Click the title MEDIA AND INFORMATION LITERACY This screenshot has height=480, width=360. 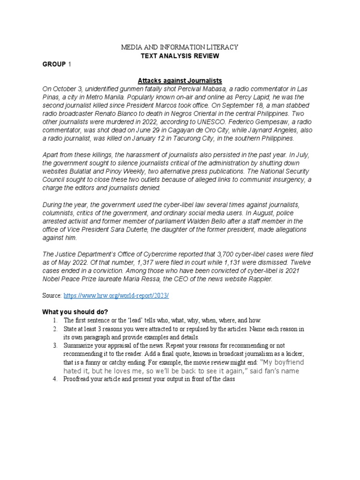coord(180,47)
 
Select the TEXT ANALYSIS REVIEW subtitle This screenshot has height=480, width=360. coord(180,56)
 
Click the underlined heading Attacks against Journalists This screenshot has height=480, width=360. coord(180,81)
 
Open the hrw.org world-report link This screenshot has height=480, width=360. coord(116,296)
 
